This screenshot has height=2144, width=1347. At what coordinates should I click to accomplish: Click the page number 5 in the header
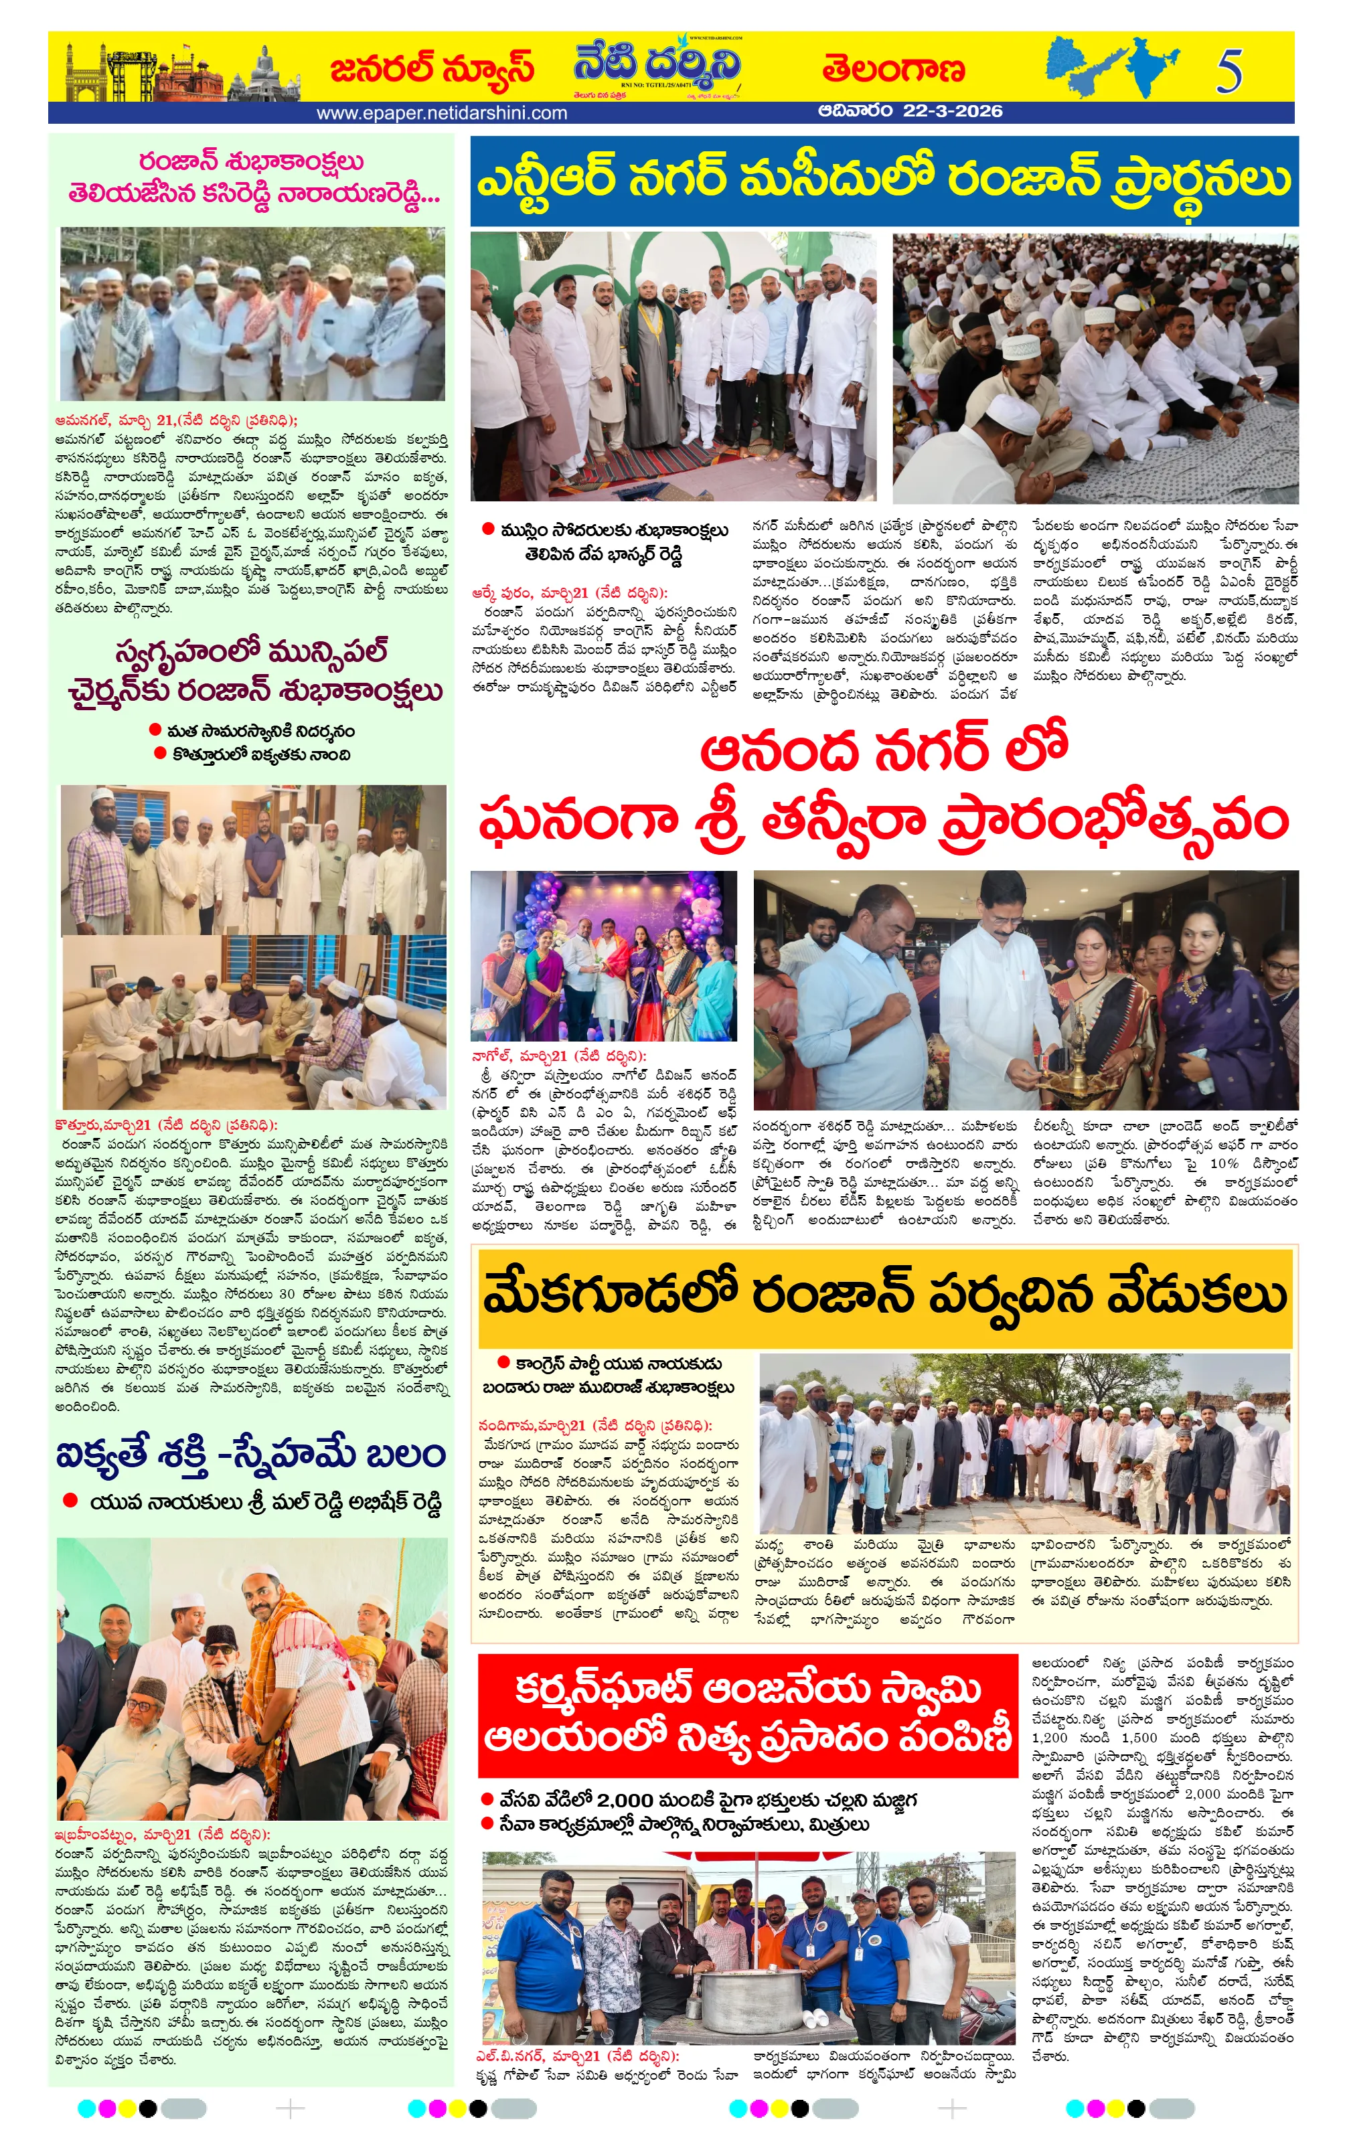point(1229,71)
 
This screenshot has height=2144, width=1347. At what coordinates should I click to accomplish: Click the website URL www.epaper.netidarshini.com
point(442,113)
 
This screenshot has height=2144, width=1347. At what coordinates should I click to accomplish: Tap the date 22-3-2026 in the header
point(953,111)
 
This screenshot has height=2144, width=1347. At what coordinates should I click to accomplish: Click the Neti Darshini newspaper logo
point(656,68)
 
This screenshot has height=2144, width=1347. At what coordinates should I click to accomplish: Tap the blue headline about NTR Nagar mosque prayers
point(883,181)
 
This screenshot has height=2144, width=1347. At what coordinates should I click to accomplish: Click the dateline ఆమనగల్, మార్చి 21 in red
point(175,420)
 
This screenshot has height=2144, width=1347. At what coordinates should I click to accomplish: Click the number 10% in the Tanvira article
point(1224,1163)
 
